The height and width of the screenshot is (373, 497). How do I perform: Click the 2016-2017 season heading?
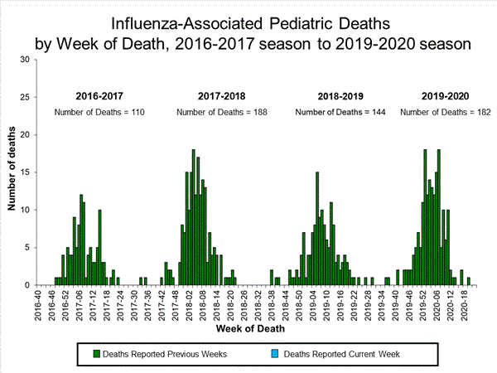pos(102,96)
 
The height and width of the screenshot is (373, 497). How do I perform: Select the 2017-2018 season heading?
pos(222,96)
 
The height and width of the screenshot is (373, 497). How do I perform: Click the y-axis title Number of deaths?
pos(12,171)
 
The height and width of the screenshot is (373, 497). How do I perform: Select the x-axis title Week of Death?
pos(251,330)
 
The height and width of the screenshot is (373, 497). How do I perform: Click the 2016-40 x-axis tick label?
pos(37,305)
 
